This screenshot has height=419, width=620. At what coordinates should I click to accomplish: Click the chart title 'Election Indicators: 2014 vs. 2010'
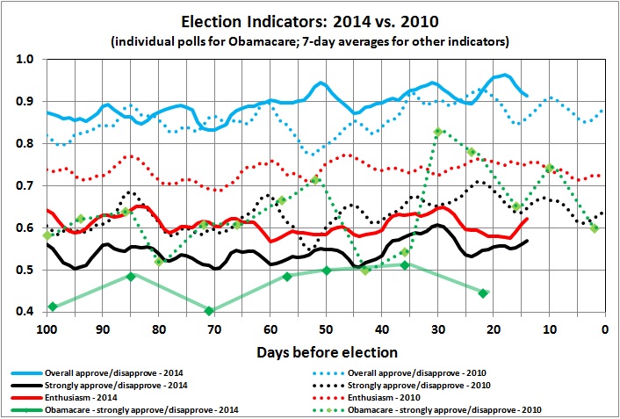(x=310, y=20)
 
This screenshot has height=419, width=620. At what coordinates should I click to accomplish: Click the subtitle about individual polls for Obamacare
(x=310, y=40)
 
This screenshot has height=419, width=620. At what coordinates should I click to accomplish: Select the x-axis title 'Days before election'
(x=326, y=352)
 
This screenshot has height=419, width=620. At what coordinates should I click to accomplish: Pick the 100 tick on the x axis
(x=47, y=329)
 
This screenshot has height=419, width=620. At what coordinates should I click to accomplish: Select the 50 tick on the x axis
(x=326, y=329)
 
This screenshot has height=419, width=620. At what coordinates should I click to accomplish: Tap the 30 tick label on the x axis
(x=437, y=329)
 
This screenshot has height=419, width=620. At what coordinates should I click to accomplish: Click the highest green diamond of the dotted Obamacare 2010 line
(x=437, y=132)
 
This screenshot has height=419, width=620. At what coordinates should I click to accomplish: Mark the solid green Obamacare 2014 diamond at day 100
(x=53, y=306)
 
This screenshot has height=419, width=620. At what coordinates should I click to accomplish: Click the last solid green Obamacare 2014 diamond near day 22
(x=483, y=293)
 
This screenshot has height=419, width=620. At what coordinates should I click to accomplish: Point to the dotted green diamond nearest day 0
(x=595, y=228)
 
